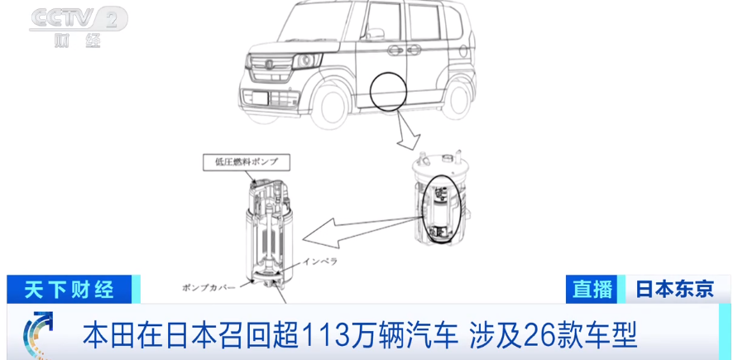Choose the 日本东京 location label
tap(674, 289)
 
